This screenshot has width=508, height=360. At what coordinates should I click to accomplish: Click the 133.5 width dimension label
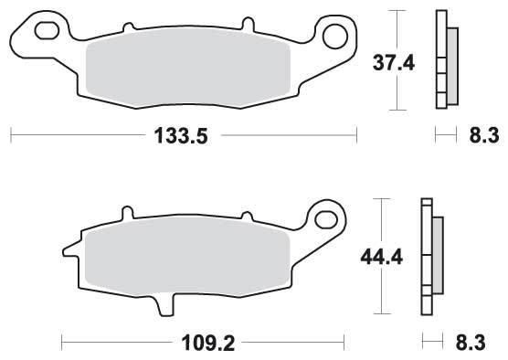point(181,136)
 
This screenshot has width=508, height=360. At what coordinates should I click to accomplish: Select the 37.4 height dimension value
point(393,63)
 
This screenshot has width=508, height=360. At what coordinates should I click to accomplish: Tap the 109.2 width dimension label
point(207,343)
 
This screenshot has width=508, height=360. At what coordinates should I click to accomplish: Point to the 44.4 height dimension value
point(381,258)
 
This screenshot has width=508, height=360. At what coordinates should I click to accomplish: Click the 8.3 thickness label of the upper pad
point(484,135)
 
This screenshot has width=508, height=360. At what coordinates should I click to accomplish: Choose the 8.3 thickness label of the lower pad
point(471,343)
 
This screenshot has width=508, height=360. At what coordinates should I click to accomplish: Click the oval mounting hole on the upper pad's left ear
point(47,31)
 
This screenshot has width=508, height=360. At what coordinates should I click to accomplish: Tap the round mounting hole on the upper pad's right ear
point(335,37)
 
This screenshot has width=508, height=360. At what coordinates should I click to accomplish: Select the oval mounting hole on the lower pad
point(326,220)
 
